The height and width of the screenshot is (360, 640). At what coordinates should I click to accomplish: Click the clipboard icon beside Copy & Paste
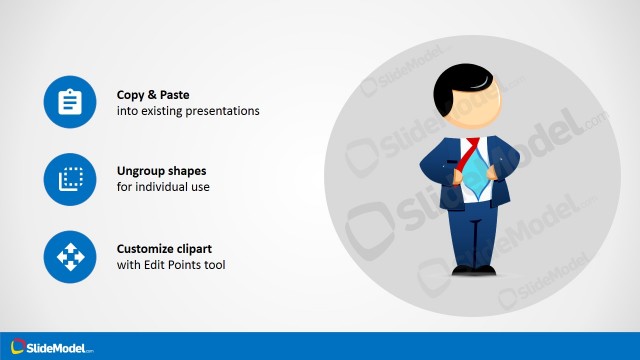(x=69, y=102)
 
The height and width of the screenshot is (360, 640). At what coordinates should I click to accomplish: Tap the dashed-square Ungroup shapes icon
(x=69, y=179)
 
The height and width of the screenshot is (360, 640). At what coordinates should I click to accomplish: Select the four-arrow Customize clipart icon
(x=69, y=256)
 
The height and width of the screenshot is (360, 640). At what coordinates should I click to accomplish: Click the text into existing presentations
(x=188, y=111)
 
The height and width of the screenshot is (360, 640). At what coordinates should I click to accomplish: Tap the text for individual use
(x=163, y=188)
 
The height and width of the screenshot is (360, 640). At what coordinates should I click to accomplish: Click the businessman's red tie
(x=470, y=151)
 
